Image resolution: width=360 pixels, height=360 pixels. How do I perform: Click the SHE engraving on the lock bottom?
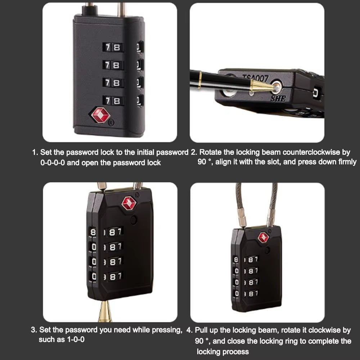279,98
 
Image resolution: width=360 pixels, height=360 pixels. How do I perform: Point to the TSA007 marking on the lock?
256,77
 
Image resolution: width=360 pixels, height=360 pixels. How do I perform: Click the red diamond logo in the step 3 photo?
129,203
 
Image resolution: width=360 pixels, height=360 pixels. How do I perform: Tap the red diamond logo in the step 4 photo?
264,237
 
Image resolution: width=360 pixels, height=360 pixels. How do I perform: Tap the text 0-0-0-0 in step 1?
53,163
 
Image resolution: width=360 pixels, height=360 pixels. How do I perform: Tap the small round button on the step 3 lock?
134,220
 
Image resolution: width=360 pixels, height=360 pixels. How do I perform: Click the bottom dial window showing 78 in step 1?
113,101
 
